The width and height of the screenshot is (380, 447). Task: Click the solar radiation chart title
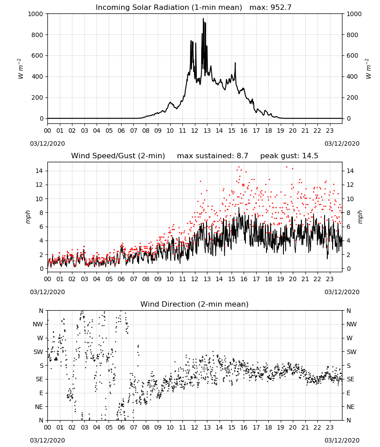tap(169, 7)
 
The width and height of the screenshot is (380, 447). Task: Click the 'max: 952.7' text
tap(270, 7)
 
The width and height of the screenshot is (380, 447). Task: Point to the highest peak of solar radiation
tap(203, 18)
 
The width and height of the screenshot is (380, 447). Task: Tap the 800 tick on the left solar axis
tap(37, 35)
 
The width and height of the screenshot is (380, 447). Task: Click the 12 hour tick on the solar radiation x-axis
tap(194, 131)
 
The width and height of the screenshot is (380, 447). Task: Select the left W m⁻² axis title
tap(20, 69)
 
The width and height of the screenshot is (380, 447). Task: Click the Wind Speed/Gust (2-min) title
tap(118, 156)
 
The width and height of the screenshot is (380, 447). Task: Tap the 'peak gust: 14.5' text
tap(289, 156)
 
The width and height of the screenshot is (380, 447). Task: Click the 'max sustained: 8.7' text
tap(212, 156)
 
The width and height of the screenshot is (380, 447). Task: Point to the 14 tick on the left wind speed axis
tap(39, 171)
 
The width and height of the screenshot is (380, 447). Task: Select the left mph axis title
tap(28, 217)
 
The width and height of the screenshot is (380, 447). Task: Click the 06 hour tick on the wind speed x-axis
tap(121, 279)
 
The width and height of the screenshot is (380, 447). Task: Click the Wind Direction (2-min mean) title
tap(194, 304)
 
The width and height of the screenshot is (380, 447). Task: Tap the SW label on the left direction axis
tap(38, 352)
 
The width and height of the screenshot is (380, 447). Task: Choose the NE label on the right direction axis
tap(350, 407)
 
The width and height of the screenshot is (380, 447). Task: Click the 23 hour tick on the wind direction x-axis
tap(329, 427)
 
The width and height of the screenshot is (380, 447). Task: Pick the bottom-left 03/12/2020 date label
tap(47, 440)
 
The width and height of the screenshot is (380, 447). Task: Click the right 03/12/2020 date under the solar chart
tap(342, 143)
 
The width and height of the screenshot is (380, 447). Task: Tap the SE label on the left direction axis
tap(39, 379)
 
